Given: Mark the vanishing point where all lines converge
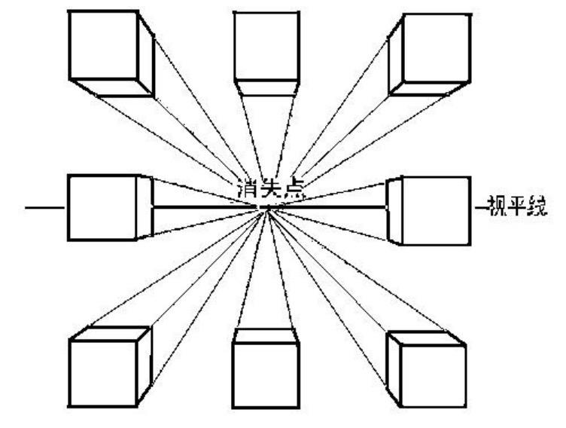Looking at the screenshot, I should point(266,209).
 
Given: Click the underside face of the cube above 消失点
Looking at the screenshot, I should point(264,87).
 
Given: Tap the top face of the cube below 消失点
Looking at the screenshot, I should point(265,335).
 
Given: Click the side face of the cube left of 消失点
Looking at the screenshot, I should point(145,207).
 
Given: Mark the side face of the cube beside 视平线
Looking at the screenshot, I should point(394,210).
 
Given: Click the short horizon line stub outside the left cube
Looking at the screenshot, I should point(46,206).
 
